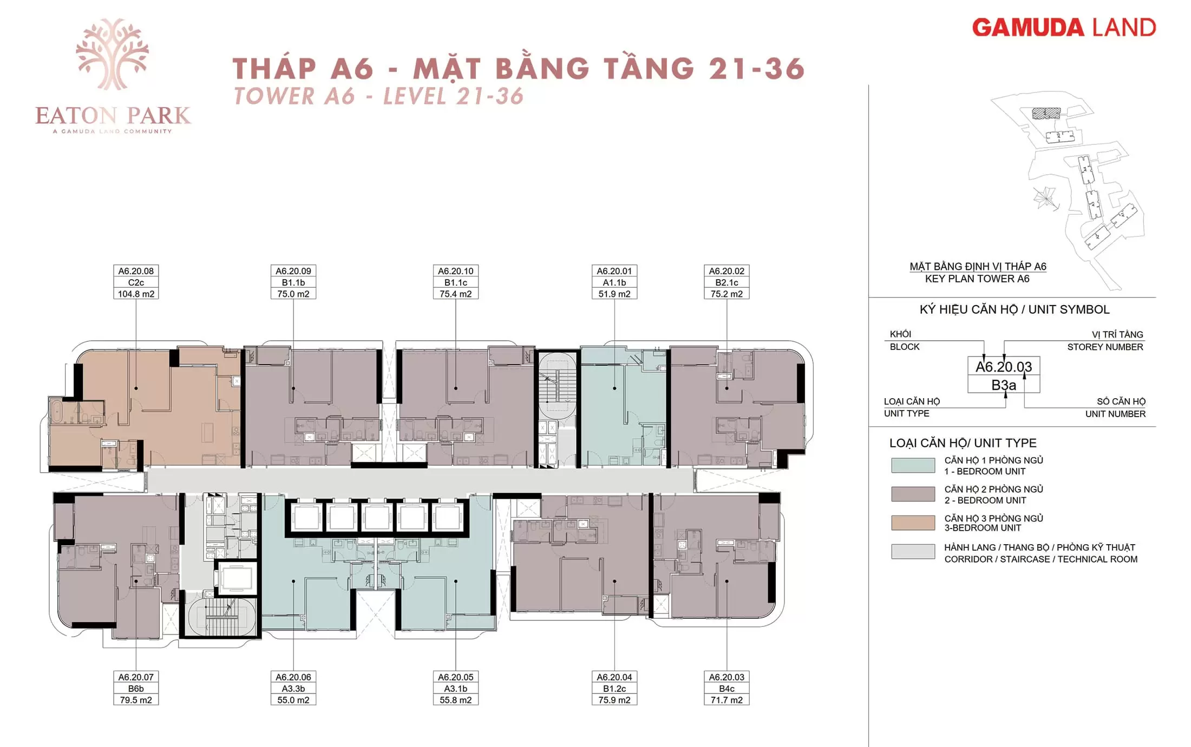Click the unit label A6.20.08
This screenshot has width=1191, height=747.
coord(136,271)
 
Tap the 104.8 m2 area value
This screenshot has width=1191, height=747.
coord(136,294)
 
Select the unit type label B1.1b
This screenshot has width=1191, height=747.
coord(293,282)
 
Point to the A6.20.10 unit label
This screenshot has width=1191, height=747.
coord(456,271)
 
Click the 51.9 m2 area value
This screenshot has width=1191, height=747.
coord(614,294)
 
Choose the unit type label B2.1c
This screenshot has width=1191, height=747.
coord(727,282)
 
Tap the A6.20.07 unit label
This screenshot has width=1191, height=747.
coord(136,677)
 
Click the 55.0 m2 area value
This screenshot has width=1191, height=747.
coord(293,700)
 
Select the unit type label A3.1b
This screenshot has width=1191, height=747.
coord(456,689)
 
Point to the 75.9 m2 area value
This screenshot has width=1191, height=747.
coord(614,700)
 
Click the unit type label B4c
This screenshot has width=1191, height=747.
coord(727,689)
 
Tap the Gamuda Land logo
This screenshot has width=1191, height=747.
coord(1064,28)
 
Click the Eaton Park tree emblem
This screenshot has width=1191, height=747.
coord(112,54)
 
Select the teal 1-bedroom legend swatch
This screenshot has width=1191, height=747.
coord(913,466)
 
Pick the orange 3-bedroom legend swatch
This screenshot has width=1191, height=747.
coord(913,523)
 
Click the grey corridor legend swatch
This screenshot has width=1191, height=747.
coord(913,551)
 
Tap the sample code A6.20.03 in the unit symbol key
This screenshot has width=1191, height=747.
coord(1004,367)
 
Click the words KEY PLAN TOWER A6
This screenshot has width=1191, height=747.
coord(977,279)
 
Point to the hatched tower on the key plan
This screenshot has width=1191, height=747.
coord(1046,114)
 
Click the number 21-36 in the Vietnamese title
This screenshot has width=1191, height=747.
coord(757,69)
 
